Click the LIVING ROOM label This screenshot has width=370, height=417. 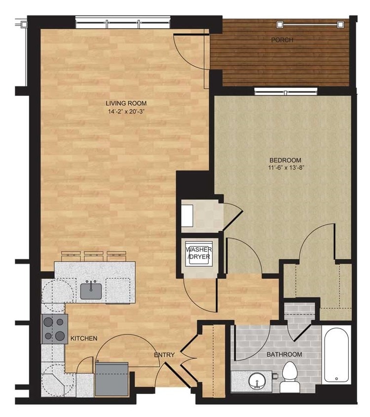(x=126, y=103)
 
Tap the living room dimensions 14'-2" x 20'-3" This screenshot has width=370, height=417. (x=126, y=111)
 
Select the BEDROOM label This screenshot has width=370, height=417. (x=285, y=160)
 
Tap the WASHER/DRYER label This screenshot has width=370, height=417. (x=199, y=253)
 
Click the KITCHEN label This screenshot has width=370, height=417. (x=83, y=338)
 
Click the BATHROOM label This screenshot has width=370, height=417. (x=285, y=355)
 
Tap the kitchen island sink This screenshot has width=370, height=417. (x=91, y=290)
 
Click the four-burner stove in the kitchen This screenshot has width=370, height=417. (x=54, y=330)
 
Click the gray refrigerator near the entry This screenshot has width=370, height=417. (x=112, y=378)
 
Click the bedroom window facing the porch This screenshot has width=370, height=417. (x=286, y=91)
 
